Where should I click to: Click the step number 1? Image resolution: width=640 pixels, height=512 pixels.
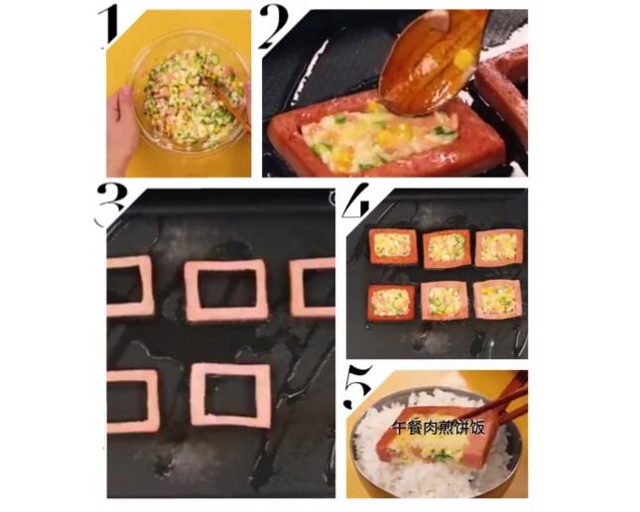click(108, 27)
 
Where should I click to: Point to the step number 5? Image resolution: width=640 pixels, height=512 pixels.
click(358, 386)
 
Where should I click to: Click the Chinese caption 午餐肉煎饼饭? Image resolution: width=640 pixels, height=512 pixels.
click(438, 428)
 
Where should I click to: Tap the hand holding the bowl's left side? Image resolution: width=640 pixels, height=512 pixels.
click(122, 127)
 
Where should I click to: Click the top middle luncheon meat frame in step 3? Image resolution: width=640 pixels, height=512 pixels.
click(226, 290)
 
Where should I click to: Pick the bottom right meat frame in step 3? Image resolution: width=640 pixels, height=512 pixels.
click(231, 395)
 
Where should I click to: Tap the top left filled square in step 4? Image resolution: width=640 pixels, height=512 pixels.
click(394, 246)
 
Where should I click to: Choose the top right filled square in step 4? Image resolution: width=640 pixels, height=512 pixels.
click(499, 247)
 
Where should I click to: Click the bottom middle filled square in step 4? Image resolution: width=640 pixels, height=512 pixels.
click(446, 300)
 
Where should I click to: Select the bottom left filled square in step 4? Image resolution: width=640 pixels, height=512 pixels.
click(391, 302)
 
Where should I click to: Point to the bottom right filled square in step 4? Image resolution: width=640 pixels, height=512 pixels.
click(498, 299)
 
